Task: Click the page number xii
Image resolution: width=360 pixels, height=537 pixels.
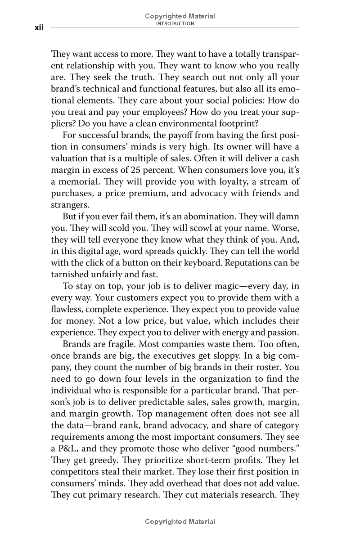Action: pyautogui.click(x=39, y=28)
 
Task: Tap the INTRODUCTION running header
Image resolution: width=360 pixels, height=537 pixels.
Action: pyautogui.click(x=180, y=24)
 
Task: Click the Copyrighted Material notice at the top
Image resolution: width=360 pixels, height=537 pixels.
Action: pyautogui.click(x=180, y=16)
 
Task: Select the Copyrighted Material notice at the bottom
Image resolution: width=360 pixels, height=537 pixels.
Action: pyautogui.click(x=180, y=522)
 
